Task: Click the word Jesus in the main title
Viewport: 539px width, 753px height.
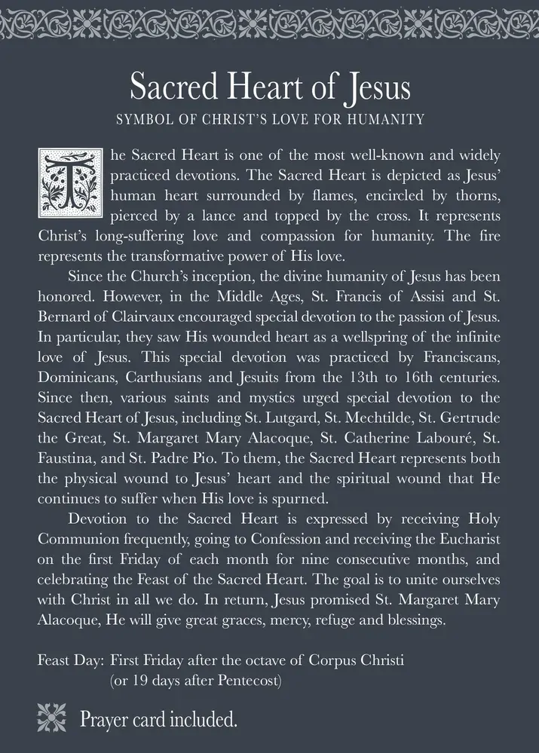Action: tap(375, 87)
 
